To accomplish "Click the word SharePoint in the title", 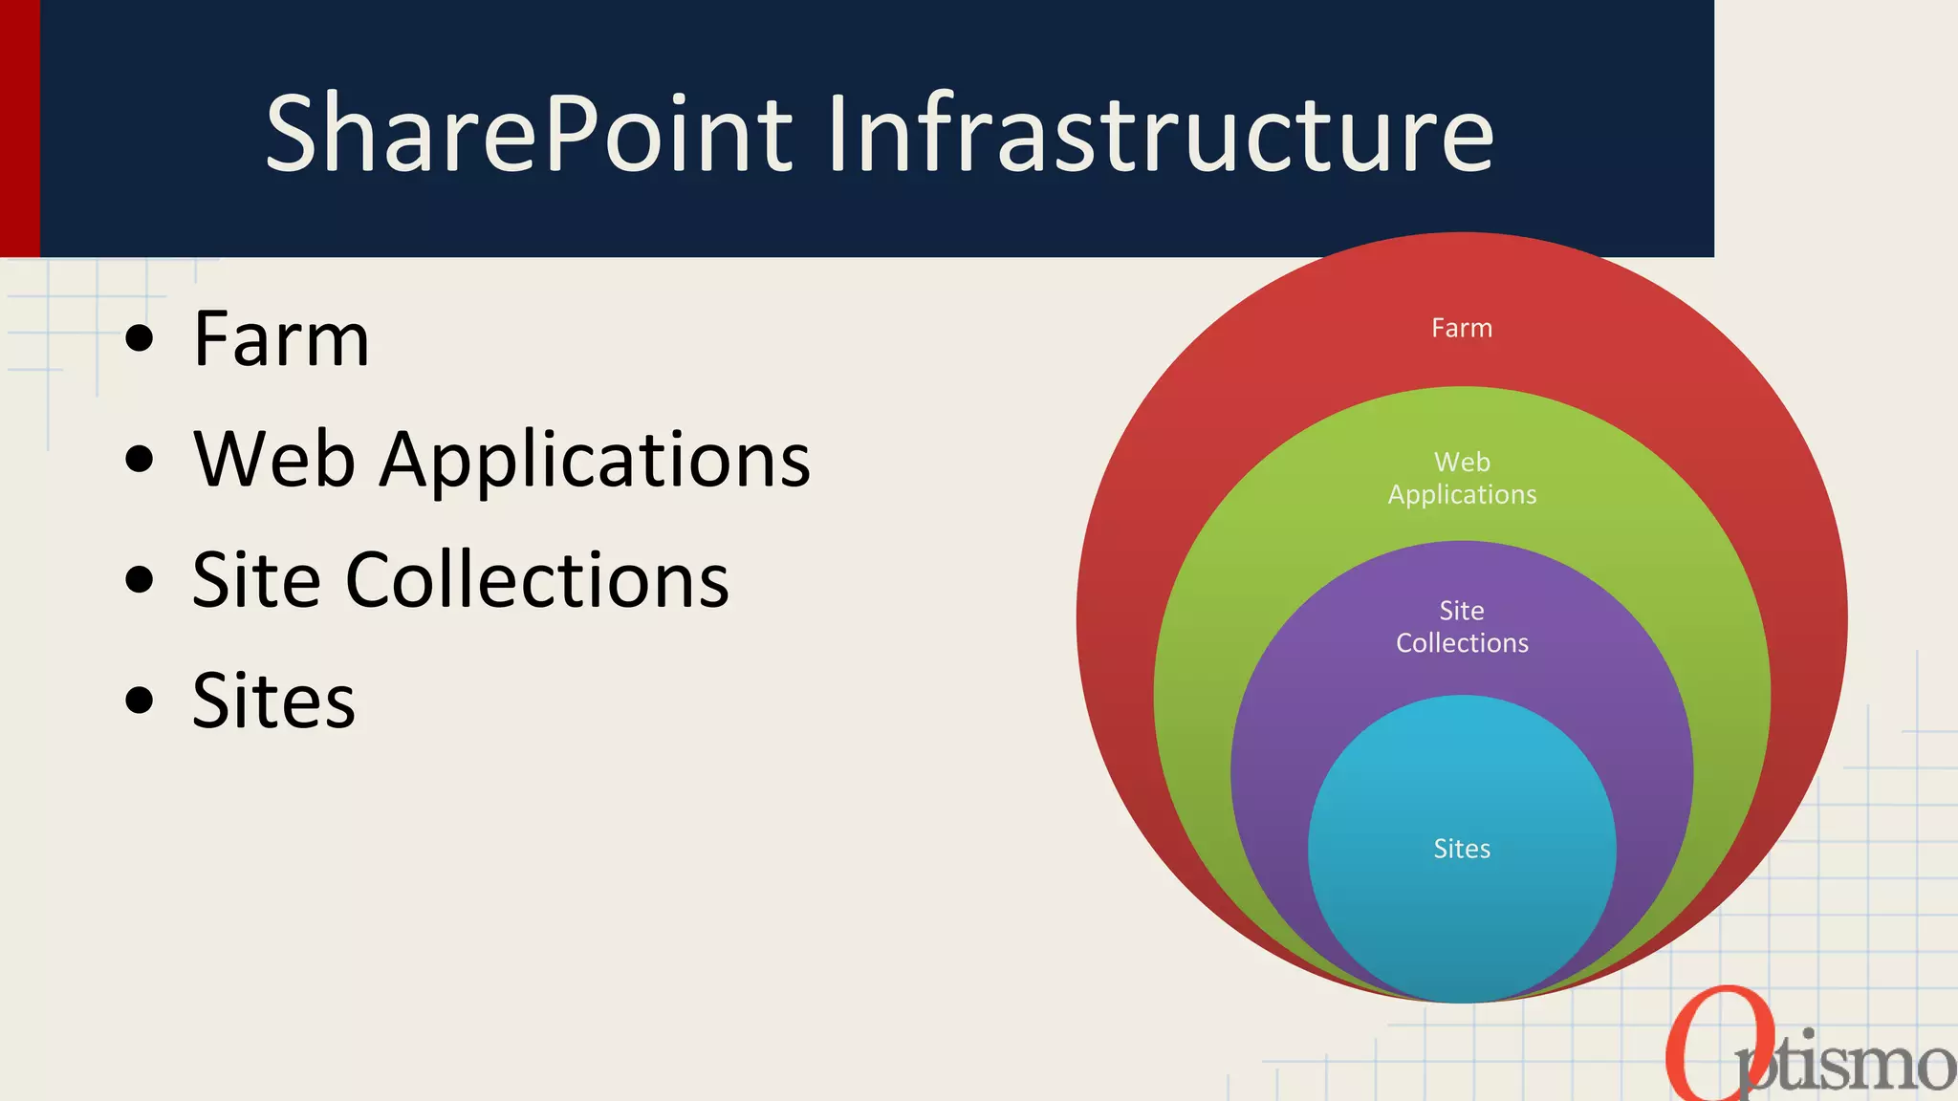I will tap(529, 134).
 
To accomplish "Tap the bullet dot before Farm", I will tap(140, 338).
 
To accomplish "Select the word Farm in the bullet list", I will tap(281, 339).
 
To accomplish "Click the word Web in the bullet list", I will tap(274, 460).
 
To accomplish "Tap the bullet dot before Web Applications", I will tap(140, 459).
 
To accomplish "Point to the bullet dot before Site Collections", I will tap(140, 579).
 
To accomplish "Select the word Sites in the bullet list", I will tap(273, 701).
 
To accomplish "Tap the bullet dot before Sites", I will tap(140, 700).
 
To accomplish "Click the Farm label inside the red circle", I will tap(1461, 329).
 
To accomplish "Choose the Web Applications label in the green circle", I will tap(1462, 479).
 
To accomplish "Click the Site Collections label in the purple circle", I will tap(1462, 627).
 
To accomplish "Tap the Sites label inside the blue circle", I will tap(1462, 849).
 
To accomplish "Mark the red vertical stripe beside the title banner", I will tap(19, 128).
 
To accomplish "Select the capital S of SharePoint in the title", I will tap(292, 134).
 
